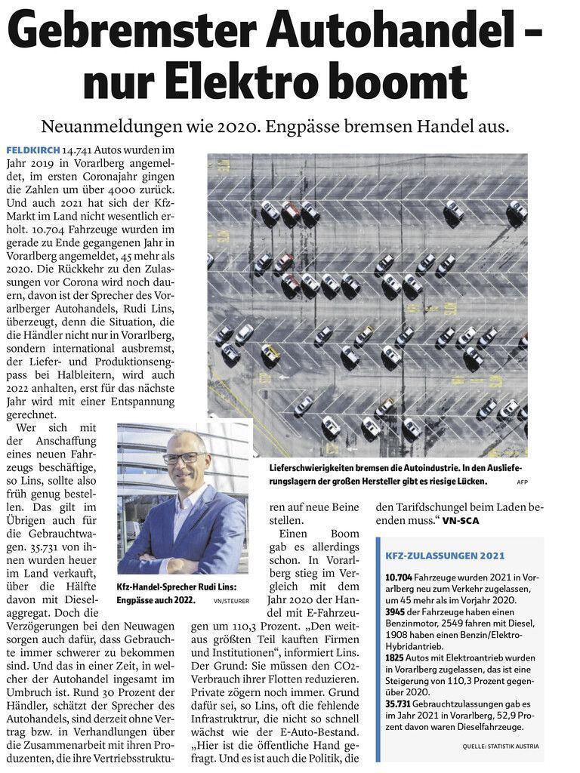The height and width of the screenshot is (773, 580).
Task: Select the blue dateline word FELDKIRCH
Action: click(x=32, y=151)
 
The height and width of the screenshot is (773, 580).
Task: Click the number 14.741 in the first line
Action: click(x=82, y=151)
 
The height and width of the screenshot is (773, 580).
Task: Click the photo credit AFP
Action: click(x=522, y=482)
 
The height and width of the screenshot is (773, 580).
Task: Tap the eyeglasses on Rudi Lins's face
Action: click(x=184, y=457)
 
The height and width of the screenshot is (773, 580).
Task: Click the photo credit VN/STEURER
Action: click(x=230, y=601)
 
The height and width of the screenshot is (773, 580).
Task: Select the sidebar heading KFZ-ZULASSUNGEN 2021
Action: click(x=445, y=556)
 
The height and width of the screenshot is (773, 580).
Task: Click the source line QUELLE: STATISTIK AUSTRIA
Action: click(x=501, y=746)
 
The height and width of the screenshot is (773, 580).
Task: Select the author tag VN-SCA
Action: click(x=461, y=521)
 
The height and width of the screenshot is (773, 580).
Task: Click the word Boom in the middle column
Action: click(x=344, y=534)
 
